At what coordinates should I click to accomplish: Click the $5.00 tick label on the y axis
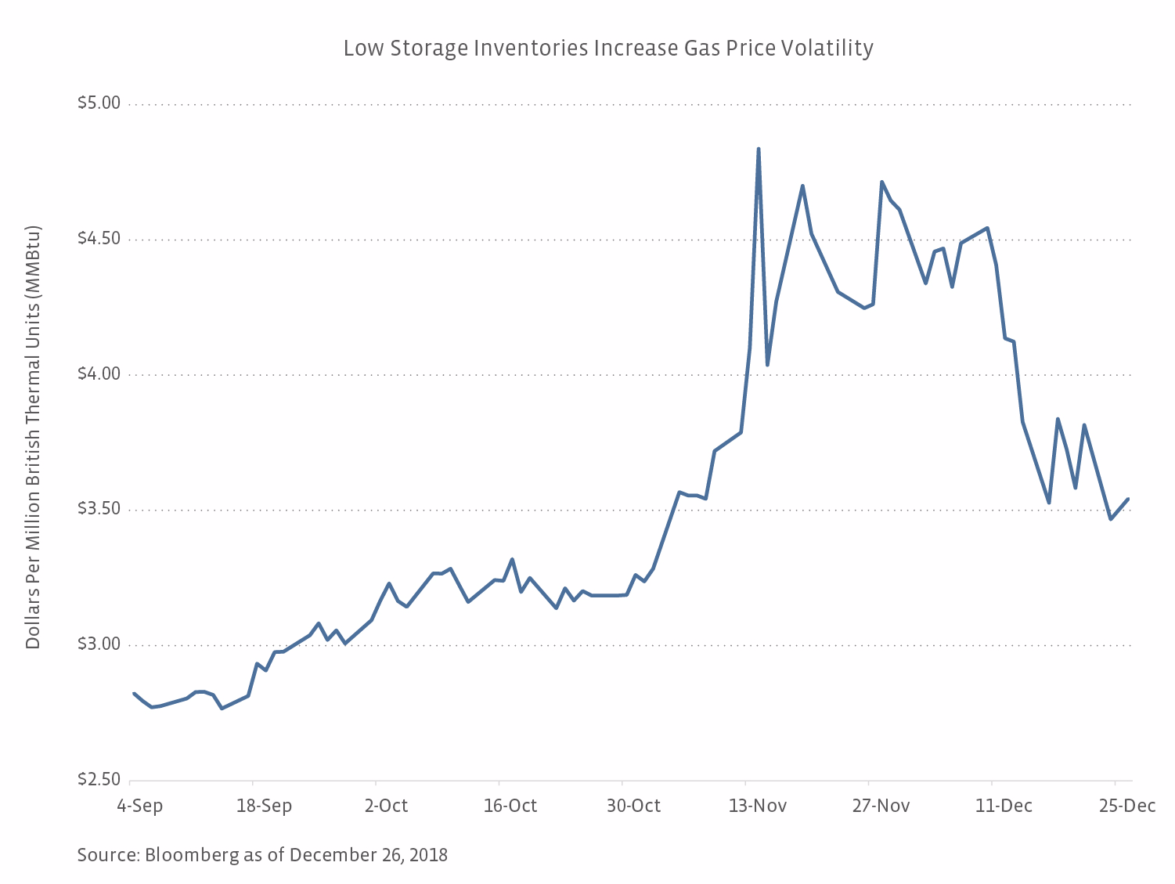(x=99, y=103)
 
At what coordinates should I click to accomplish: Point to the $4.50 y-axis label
(x=99, y=239)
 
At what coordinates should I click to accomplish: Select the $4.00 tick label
(x=99, y=374)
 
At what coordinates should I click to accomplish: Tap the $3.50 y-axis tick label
(x=99, y=510)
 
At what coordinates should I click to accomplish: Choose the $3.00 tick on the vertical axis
(x=99, y=645)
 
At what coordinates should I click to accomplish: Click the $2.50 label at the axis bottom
(x=99, y=780)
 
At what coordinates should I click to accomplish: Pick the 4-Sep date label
(x=140, y=806)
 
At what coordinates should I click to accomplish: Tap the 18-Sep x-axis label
(x=264, y=806)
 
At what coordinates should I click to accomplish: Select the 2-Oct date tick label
(x=386, y=806)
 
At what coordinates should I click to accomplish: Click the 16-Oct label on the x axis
(x=510, y=806)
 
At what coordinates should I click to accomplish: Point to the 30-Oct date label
(x=633, y=806)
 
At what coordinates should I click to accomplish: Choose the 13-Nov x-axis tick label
(x=757, y=806)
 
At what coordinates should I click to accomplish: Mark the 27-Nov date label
(x=881, y=806)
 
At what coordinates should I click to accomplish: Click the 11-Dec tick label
(x=1004, y=806)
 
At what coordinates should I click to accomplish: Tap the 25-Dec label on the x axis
(x=1126, y=806)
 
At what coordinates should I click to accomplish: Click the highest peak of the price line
(x=759, y=149)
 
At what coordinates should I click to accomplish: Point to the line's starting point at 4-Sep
(x=134, y=694)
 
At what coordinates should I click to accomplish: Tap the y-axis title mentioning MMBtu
(x=33, y=438)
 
